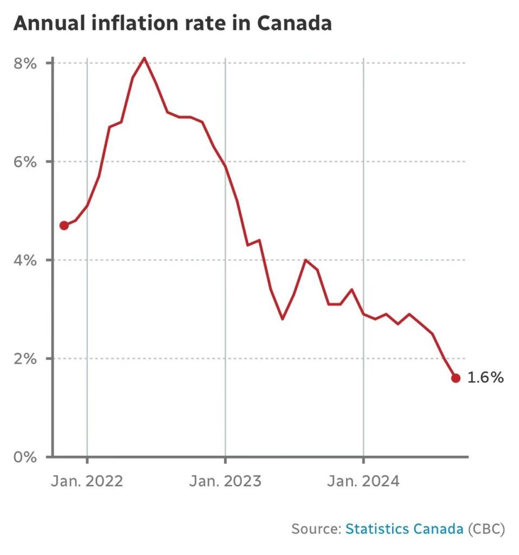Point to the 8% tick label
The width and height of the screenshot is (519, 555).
tap(25, 63)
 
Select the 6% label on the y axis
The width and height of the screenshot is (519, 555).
tap(25, 162)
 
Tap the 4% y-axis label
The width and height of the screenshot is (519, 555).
tap(25, 260)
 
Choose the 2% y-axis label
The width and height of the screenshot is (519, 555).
tap(25, 359)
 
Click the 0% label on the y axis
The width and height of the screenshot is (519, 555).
tap(25, 457)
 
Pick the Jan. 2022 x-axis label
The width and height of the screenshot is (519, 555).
tap(87, 481)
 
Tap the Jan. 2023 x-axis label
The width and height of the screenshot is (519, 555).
tap(225, 481)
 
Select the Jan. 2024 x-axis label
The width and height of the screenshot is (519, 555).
tap(363, 481)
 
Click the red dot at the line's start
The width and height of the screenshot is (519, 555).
tap(64, 225)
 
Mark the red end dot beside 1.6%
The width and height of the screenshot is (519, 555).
tap(456, 378)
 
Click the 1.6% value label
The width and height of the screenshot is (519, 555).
tap(485, 378)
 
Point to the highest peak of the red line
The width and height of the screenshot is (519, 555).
tap(144, 57)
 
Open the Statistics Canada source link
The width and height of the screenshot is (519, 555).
tap(404, 528)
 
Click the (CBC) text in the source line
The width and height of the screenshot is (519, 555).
tap(486, 528)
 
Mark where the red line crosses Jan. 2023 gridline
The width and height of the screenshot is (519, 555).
tap(225, 166)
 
